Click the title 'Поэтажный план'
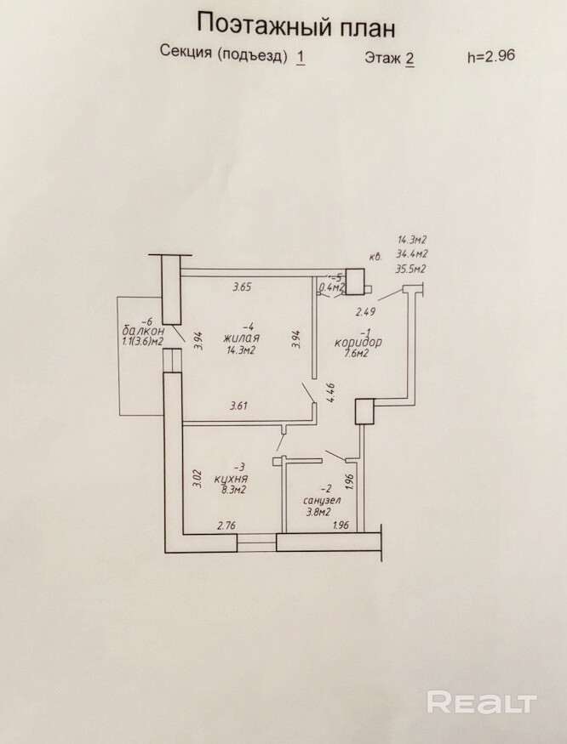click(x=295, y=26)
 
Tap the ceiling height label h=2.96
click(x=491, y=57)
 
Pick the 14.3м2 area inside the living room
click(x=243, y=349)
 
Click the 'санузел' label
click(x=309, y=501)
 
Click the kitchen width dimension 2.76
click(x=226, y=526)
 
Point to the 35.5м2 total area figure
click(x=410, y=269)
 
